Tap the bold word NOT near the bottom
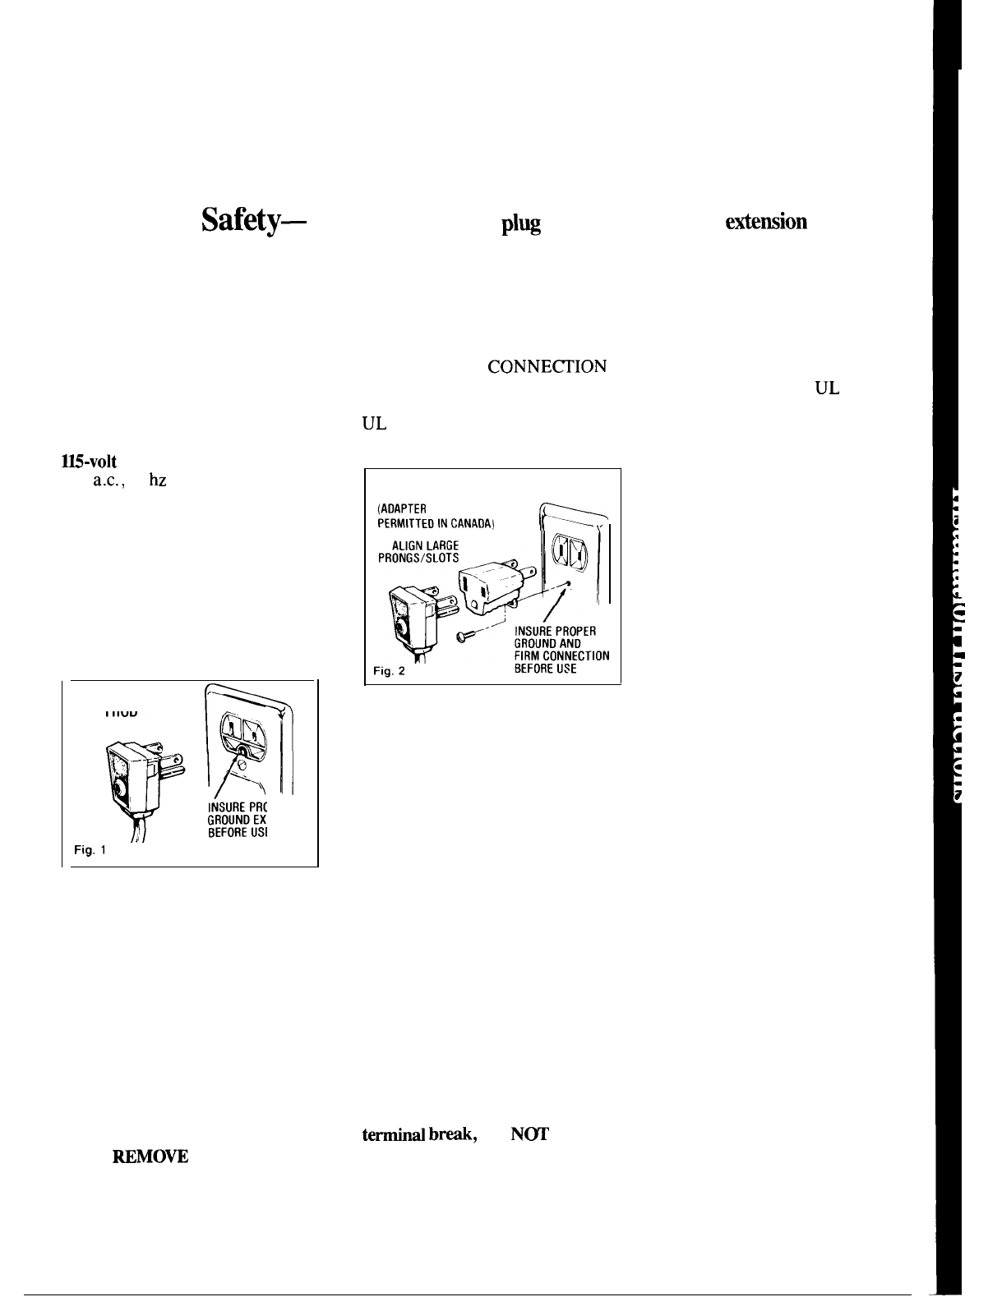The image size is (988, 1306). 529,1134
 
